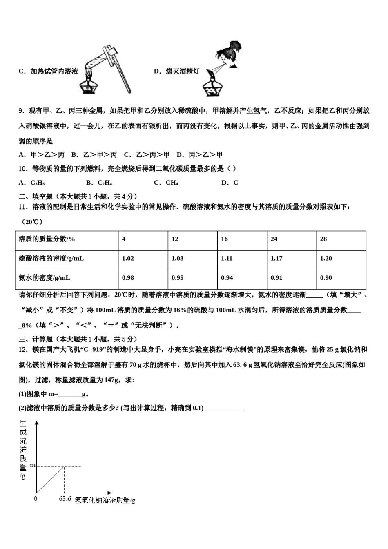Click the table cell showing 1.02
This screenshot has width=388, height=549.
128,258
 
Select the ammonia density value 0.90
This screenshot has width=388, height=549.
326,278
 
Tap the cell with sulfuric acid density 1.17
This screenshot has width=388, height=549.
276,258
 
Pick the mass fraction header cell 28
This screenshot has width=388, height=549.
323,239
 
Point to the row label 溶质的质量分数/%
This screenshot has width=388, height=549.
47,239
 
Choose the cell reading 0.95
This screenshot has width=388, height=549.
177,278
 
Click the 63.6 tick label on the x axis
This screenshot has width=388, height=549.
65,499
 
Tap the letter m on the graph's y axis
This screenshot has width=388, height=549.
33,466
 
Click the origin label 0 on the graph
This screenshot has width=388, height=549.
36,499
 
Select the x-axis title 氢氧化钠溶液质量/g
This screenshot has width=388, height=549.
105,500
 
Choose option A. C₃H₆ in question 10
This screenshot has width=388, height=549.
31,183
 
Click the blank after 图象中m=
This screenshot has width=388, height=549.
70,395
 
